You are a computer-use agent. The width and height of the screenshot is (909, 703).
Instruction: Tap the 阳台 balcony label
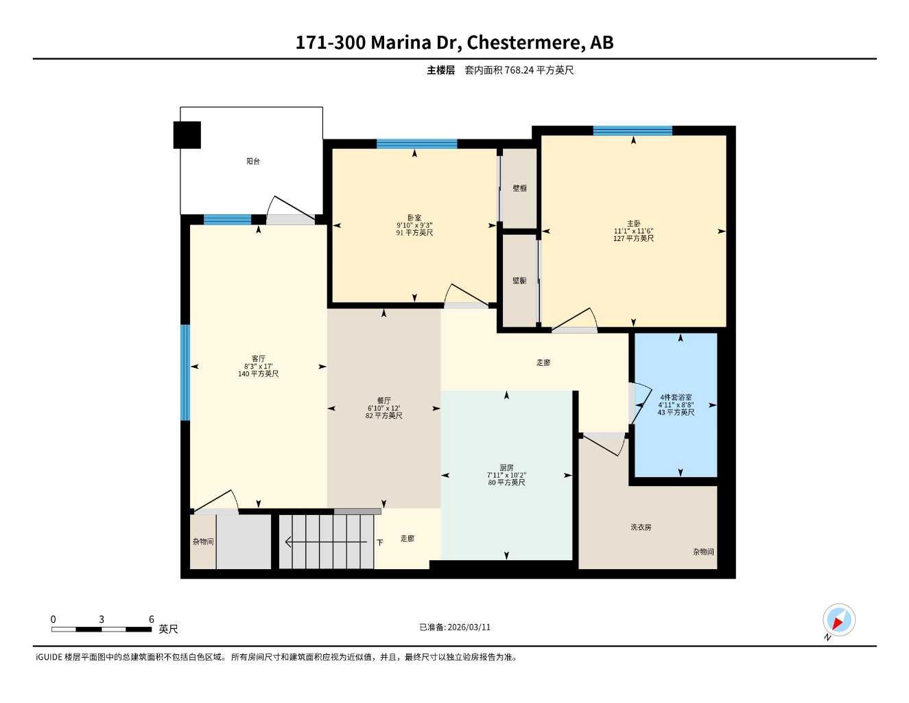(x=253, y=161)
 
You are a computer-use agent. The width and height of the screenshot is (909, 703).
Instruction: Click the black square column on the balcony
(x=187, y=135)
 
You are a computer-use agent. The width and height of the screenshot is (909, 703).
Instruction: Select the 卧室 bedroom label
(x=414, y=218)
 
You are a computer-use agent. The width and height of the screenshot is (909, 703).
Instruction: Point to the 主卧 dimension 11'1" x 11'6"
(x=633, y=231)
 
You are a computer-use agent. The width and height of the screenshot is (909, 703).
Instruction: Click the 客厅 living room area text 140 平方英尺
(x=258, y=374)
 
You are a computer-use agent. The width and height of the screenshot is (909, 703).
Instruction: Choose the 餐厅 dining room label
(x=383, y=400)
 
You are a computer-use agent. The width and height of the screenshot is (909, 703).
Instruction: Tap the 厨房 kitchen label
(x=506, y=468)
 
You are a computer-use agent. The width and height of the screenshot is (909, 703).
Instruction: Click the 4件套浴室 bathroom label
(x=676, y=397)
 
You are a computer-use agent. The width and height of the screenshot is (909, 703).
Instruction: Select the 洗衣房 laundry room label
(x=641, y=527)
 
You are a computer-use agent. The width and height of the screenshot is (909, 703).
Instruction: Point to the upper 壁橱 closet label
(x=519, y=188)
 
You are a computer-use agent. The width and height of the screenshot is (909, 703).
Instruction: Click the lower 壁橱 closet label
(x=519, y=281)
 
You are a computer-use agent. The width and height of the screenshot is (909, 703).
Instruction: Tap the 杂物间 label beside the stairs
(x=202, y=542)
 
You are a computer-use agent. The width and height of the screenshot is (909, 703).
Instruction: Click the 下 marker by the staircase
(x=379, y=542)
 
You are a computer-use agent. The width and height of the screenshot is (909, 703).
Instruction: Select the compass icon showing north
(x=838, y=621)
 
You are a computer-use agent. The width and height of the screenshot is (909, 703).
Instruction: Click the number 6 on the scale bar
(x=152, y=619)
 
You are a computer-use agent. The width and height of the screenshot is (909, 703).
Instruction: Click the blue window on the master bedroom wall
(x=633, y=130)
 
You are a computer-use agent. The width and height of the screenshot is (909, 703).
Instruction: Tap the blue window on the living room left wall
(x=185, y=372)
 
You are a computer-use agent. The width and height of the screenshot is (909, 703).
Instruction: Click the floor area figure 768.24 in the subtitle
(x=519, y=70)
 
